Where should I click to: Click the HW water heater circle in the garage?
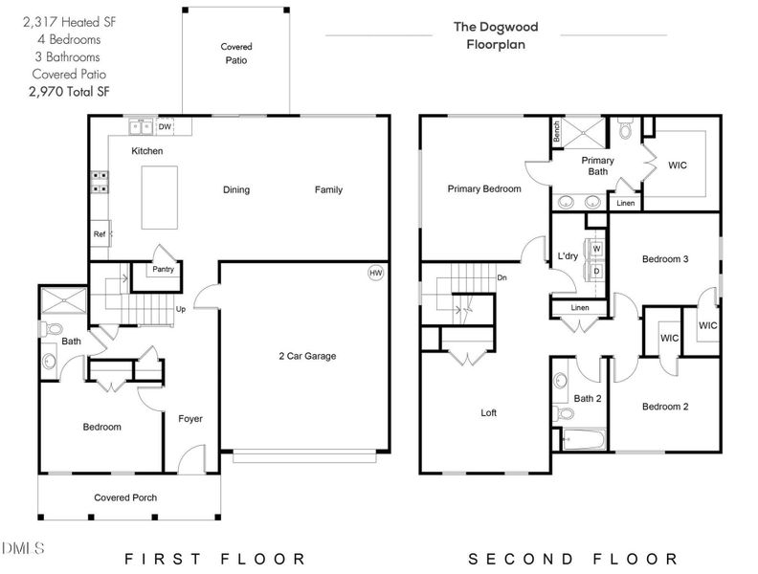click(x=376, y=274)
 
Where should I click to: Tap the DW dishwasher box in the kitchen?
click(x=166, y=126)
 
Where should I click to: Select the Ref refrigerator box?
click(x=100, y=233)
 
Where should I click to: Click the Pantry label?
click(x=163, y=270)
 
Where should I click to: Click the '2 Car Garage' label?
click(x=307, y=356)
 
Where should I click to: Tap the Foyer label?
click(x=190, y=419)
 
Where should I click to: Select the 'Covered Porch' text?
click(x=125, y=497)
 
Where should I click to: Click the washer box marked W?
click(x=596, y=249)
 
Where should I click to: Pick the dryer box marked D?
click(x=596, y=271)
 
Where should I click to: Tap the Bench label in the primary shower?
click(x=556, y=129)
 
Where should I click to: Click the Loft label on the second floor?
click(x=488, y=413)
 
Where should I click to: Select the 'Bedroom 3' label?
click(x=665, y=259)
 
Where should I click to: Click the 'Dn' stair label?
click(x=501, y=278)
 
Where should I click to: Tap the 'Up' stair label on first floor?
click(x=180, y=309)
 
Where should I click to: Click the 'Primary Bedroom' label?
click(x=484, y=189)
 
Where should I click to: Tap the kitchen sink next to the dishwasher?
click(x=142, y=126)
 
